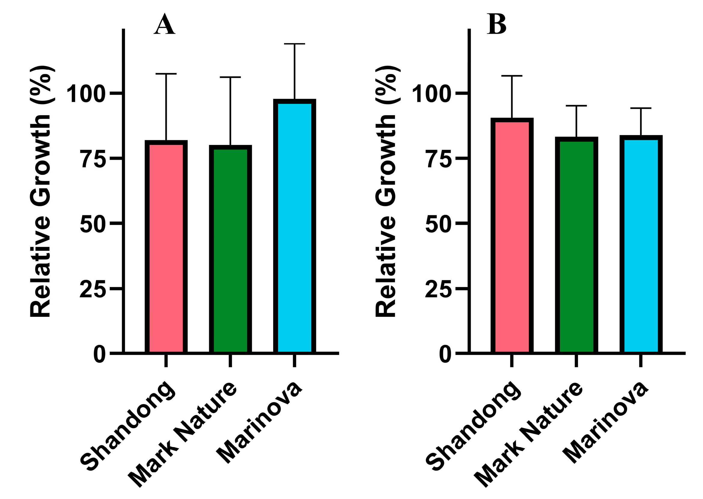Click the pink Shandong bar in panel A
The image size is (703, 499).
tap(166, 248)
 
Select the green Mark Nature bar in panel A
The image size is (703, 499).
tap(230, 250)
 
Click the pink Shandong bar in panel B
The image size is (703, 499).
tap(512, 236)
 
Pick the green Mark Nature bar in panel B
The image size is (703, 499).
tap(576, 246)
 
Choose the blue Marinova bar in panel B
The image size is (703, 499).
tap(640, 245)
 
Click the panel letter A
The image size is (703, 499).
tap(164, 25)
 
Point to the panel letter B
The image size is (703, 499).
tap(496, 25)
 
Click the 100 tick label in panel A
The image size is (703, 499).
tap(86, 94)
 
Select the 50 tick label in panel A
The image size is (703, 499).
tap(93, 225)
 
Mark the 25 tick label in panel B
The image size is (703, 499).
tap(438, 289)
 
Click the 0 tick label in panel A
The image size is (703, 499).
tap(99, 355)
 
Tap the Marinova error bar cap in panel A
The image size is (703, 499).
tap(294, 44)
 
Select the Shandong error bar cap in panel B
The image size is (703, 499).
tap(512, 76)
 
